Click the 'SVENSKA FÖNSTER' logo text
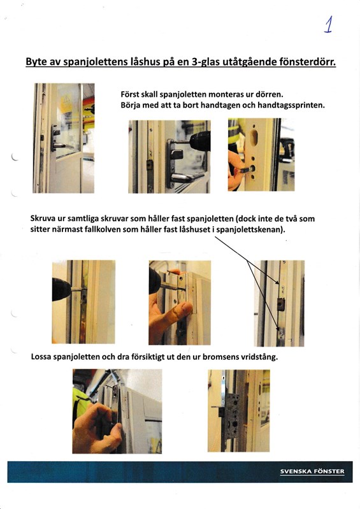pyautogui.click(x=312, y=471)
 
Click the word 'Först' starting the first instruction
pyautogui.click(x=131, y=93)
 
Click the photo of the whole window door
pyautogui.click(x=63, y=138)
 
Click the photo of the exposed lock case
pyautogui.click(x=238, y=411)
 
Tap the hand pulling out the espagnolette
pyautogui.click(x=96, y=428)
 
